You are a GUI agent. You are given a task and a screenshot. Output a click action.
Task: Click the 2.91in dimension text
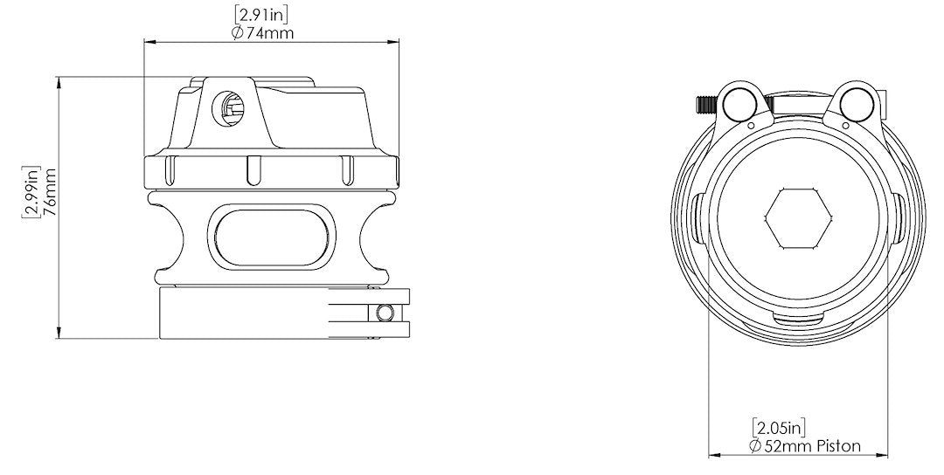tap(262, 15)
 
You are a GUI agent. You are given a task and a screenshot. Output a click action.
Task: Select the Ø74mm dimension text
tap(262, 32)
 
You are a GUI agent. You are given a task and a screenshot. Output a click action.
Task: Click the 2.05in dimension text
tap(778, 427)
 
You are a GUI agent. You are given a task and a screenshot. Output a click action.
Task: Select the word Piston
tap(836, 445)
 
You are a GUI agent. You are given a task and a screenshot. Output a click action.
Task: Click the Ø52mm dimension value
tap(781, 445)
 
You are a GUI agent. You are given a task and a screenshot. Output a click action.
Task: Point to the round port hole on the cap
tap(230, 107)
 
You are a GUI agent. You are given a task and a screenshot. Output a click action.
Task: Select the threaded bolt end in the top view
tap(704, 105)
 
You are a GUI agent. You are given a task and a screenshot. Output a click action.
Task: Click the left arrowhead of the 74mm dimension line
tap(148, 41)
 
